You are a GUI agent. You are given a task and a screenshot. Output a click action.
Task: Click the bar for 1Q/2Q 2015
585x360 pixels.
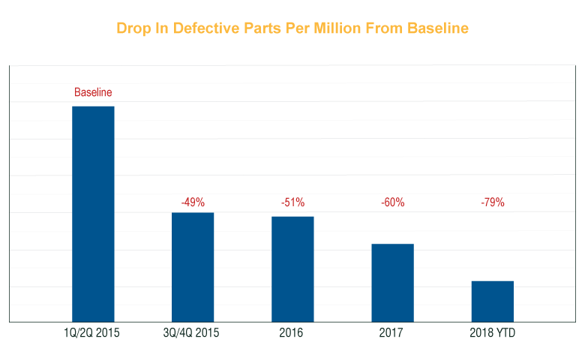point(93,214)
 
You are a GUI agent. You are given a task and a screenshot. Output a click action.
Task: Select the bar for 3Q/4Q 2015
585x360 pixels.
point(193,267)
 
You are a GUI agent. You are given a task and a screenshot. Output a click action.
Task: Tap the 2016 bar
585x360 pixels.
point(292,269)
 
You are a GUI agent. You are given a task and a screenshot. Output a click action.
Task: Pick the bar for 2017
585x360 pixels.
point(392,283)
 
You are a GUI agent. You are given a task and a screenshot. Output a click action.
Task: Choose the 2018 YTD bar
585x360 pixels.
point(492,301)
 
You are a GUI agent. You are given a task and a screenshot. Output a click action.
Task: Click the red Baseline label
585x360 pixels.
point(93,92)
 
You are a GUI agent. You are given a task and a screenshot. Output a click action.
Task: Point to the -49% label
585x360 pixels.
point(193,202)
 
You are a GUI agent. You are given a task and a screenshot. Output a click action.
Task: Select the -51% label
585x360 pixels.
point(292,202)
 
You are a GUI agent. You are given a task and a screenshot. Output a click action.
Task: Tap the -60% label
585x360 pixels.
point(392,202)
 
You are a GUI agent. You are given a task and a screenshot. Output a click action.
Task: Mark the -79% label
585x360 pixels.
point(492,202)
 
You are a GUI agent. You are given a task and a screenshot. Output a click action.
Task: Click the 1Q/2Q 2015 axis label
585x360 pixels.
point(93,332)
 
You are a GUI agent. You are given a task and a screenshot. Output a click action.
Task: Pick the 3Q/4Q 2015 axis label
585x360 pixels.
point(193,332)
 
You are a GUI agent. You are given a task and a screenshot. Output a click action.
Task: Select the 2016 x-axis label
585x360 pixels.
point(292,332)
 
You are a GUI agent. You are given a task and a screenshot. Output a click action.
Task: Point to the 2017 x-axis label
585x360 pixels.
point(392,332)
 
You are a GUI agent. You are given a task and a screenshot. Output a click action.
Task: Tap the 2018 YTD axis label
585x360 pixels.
point(492,332)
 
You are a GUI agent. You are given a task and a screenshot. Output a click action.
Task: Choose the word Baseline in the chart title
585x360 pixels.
point(437,28)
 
